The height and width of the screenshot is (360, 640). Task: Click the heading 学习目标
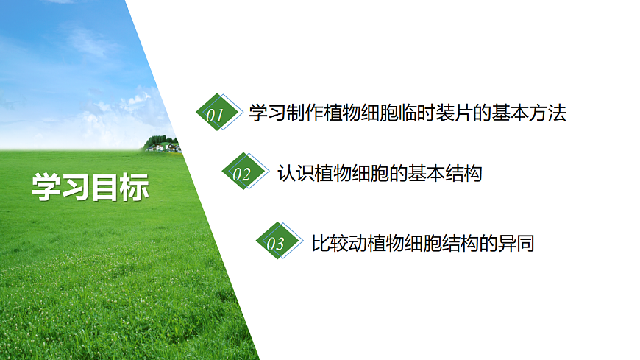tap(90, 187)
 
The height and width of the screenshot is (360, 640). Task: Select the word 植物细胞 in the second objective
tap(346, 174)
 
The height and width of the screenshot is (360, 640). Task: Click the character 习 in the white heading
tap(75, 187)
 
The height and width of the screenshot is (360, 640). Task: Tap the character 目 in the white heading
tap(104, 187)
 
